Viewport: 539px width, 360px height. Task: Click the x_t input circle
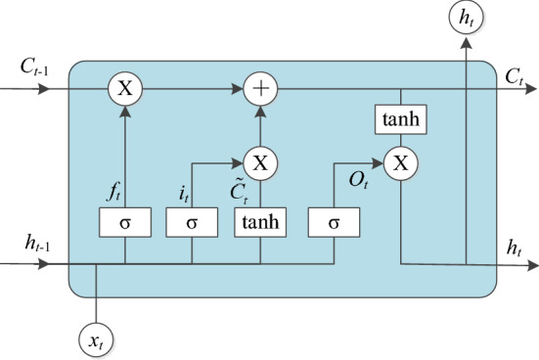tap(96, 339)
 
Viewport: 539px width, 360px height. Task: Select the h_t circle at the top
tap(467, 17)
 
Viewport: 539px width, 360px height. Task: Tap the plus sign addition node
tap(260, 89)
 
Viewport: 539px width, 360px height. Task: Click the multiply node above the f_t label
tap(125, 89)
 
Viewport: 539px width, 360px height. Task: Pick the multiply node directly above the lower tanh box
tap(260, 160)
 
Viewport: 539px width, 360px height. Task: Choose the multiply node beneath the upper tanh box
tap(399, 162)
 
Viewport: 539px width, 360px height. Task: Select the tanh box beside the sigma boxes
tap(260, 223)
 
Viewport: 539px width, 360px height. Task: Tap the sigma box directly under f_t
tap(125, 223)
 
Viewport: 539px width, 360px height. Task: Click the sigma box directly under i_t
tap(192, 223)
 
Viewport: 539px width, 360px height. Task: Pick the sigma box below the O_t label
tap(335, 223)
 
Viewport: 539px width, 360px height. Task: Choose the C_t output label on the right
tap(512, 74)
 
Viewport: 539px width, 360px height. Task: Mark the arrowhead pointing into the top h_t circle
tap(467, 43)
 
